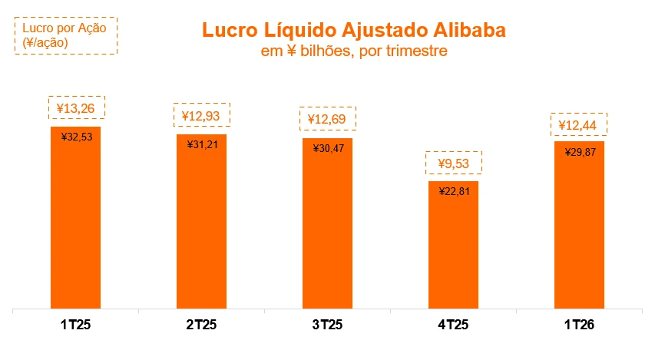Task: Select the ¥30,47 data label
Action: [x=328, y=147]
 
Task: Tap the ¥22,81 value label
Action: [x=454, y=191]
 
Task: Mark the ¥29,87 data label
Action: [x=580, y=150]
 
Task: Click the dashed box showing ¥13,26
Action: [x=76, y=107]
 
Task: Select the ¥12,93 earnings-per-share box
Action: [x=202, y=116]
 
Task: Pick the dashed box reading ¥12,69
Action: [x=328, y=119]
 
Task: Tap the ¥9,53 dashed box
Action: [x=454, y=163]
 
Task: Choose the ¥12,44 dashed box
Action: [x=580, y=124]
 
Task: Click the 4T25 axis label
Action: [x=453, y=325]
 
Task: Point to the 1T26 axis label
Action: [x=579, y=325]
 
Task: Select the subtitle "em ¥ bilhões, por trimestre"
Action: [x=354, y=51]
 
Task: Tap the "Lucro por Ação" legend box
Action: [x=65, y=35]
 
